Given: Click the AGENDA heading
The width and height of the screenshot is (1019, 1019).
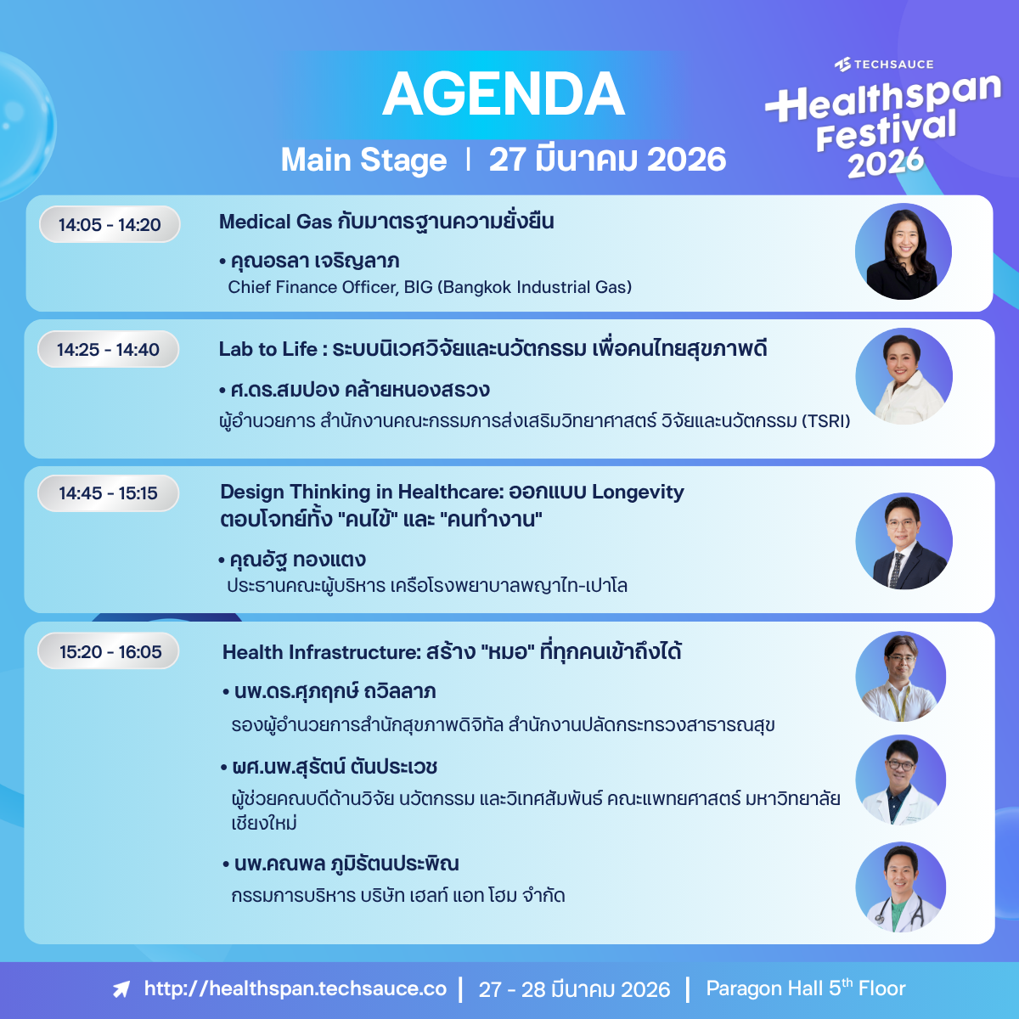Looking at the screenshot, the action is pyautogui.click(x=504, y=94).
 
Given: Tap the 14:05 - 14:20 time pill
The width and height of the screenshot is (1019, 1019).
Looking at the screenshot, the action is pyautogui.click(x=110, y=224).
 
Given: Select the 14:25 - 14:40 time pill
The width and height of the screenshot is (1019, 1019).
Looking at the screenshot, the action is pyautogui.click(x=109, y=349).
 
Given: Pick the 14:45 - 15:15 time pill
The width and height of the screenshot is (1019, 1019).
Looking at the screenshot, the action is pyautogui.click(x=109, y=493).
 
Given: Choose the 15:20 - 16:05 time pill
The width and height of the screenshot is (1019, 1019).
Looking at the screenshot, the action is pyautogui.click(x=109, y=651).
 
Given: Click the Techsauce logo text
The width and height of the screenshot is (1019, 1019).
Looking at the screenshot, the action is pyautogui.click(x=884, y=65).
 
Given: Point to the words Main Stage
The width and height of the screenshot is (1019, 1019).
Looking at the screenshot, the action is pyautogui.click(x=363, y=160).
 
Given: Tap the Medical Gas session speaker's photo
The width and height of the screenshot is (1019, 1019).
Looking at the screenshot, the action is pyautogui.click(x=904, y=251).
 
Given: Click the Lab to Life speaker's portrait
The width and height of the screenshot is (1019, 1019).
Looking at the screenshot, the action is pyautogui.click(x=904, y=376).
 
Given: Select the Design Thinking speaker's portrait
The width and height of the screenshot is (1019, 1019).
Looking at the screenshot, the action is pyautogui.click(x=904, y=541).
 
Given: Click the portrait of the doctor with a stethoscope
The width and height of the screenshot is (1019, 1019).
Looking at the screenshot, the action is pyautogui.click(x=901, y=887).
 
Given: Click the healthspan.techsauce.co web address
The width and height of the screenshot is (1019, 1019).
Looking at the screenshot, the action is pyautogui.click(x=295, y=988).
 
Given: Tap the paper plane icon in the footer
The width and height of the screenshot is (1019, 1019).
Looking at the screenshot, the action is pyautogui.click(x=121, y=989).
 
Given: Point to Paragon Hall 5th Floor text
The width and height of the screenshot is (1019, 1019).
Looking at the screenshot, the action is pyautogui.click(x=805, y=988).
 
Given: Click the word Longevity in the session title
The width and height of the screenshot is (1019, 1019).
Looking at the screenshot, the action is pyautogui.click(x=638, y=493).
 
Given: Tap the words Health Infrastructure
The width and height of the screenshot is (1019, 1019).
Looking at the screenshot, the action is pyautogui.click(x=321, y=652).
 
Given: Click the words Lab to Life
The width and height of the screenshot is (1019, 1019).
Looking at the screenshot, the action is pyautogui.click(x=267, y=349).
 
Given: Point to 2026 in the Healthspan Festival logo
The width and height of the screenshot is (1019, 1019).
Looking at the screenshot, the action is pyautogui.click(x=886, y=163).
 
